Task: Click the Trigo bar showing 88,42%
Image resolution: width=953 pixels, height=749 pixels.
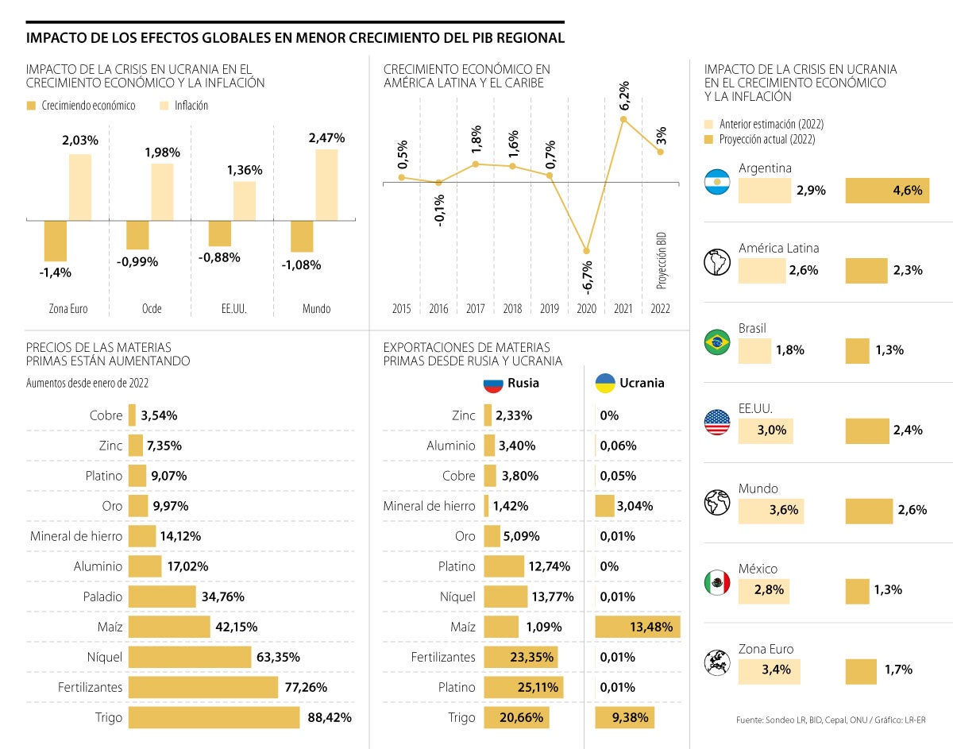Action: [214, 717]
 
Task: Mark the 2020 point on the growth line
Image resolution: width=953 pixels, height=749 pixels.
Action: [587, 251]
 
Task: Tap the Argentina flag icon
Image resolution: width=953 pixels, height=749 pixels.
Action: [717, 183]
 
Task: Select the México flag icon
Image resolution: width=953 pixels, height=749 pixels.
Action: [717, 583]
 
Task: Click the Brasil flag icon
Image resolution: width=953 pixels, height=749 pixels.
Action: [717, 342]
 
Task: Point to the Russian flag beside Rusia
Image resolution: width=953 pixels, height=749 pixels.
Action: [494, 384]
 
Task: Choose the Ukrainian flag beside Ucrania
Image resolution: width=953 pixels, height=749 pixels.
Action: [606, 384]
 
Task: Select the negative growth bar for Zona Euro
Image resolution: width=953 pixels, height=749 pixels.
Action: [56, 241]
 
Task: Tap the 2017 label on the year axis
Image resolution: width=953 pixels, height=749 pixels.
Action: [475, 308]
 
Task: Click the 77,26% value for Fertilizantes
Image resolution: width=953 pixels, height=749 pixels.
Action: [306, 687]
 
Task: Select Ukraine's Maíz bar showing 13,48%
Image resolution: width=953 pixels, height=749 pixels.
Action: [637, 627]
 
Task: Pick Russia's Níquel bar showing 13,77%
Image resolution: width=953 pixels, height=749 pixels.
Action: [505, 596]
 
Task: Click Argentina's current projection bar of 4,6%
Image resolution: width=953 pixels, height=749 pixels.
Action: [887, 191]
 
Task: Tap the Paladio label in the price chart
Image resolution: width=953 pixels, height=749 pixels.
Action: [102, 596]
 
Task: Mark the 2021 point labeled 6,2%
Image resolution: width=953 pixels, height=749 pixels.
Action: [623, 119]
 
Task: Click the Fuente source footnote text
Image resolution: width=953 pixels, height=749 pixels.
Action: [831, 720]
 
